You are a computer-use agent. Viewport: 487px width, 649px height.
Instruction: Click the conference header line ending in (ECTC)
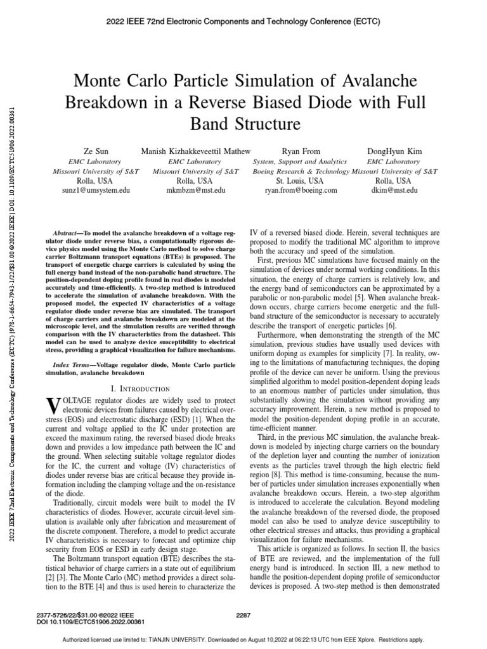(x=243, y=22)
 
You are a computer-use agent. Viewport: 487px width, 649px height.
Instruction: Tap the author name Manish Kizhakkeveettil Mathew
(x=192, y=152)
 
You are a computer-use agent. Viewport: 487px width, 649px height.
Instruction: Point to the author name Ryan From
(x=301, y=152)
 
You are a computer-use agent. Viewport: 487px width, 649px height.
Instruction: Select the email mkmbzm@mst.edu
(x=192, y=190)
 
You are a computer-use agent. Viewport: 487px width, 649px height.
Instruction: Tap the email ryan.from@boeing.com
(x=301, y=190)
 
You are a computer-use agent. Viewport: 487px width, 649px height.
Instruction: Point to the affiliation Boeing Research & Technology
(x=301, y=171)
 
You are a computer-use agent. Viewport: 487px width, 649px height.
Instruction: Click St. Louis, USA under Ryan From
(x=301, y=181)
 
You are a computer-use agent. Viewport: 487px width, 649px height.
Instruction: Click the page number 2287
(x=243, y=614)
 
